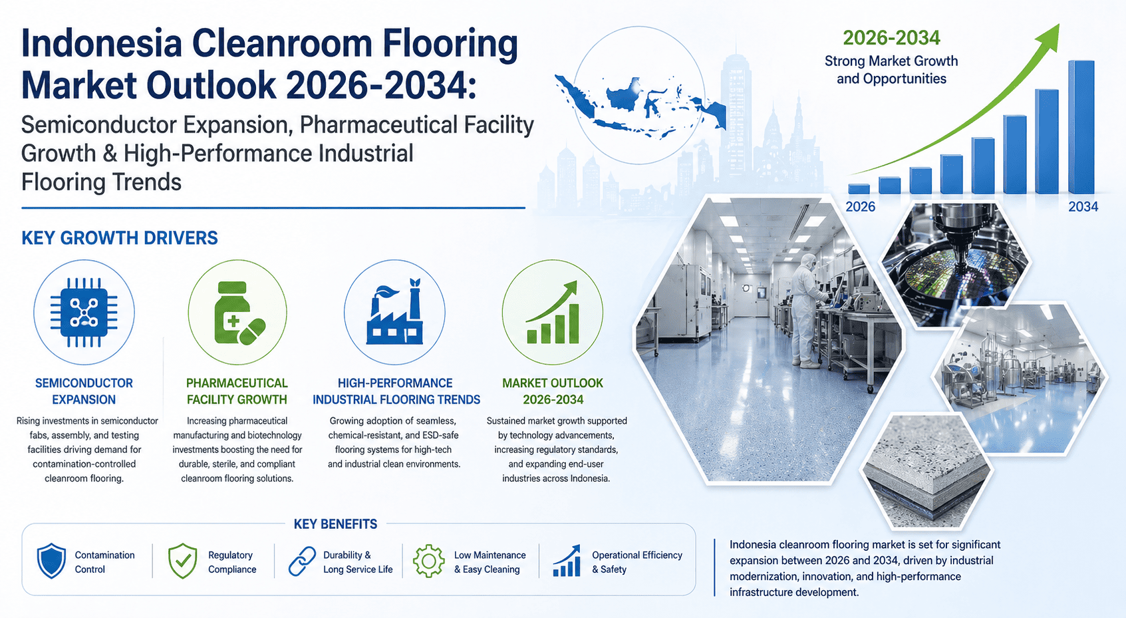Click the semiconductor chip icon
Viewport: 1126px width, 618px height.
coord(84,312)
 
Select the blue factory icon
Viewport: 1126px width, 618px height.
coord(394,311)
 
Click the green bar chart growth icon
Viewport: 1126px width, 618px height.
coord(553,312)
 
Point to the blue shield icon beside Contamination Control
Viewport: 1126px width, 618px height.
coord(51,561)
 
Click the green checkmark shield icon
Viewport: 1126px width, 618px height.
coord(182,561)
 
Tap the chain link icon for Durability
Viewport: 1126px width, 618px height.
coord(302,561)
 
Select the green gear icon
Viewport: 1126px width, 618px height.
coord(429,561)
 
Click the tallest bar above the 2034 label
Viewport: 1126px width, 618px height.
coord(1081,127)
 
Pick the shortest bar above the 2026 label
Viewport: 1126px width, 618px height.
coord(859,189)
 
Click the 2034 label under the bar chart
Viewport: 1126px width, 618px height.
coord(1083,207)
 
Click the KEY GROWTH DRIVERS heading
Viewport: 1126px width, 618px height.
coord(120,238)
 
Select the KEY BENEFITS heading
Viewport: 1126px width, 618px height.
coord(335,524)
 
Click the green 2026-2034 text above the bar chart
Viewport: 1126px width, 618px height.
coord(891,38)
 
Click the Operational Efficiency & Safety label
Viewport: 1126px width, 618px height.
coord(637,562)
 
